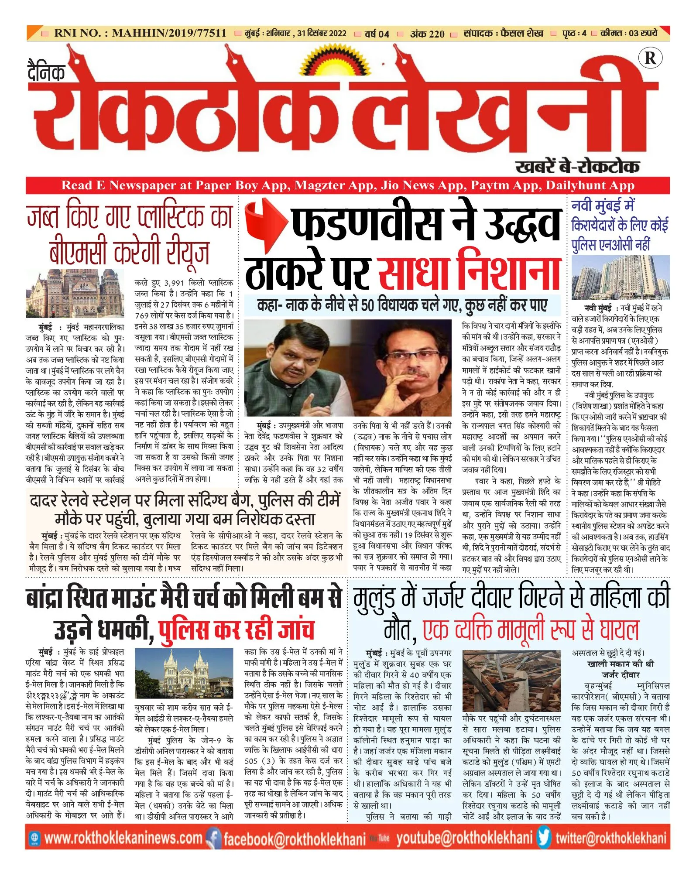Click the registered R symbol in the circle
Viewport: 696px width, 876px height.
point(650,58)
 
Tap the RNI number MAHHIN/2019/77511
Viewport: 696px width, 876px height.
point(169,33)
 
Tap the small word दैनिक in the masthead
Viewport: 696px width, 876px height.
point(46,72)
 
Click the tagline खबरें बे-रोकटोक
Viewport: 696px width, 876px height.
point(577,167)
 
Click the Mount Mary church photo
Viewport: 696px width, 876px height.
point(184,673)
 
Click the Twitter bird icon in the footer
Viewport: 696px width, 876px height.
point(544,838)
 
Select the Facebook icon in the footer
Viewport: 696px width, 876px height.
point(213,838)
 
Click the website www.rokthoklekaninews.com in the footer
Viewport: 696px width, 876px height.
point(123,838)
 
